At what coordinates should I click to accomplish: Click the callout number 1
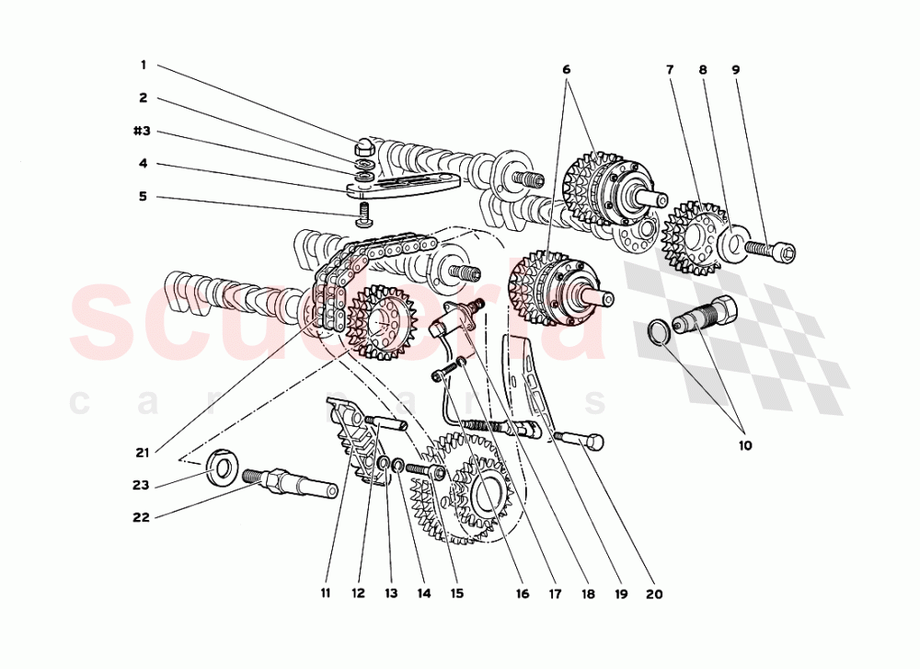(143, 65)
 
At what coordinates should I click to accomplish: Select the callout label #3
(140, 132)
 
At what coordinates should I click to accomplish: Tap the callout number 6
(567, 69)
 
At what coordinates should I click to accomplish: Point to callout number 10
(744, 445)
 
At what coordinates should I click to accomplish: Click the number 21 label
(142, 452)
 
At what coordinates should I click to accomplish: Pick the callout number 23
(140, 485)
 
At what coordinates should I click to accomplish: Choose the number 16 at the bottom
(522, 594)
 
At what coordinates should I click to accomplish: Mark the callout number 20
(653, 594)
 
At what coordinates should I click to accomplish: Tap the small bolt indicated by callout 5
(363, 217)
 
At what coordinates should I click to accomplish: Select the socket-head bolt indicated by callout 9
(771, 248)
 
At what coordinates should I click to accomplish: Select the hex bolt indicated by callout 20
(581, 441)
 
